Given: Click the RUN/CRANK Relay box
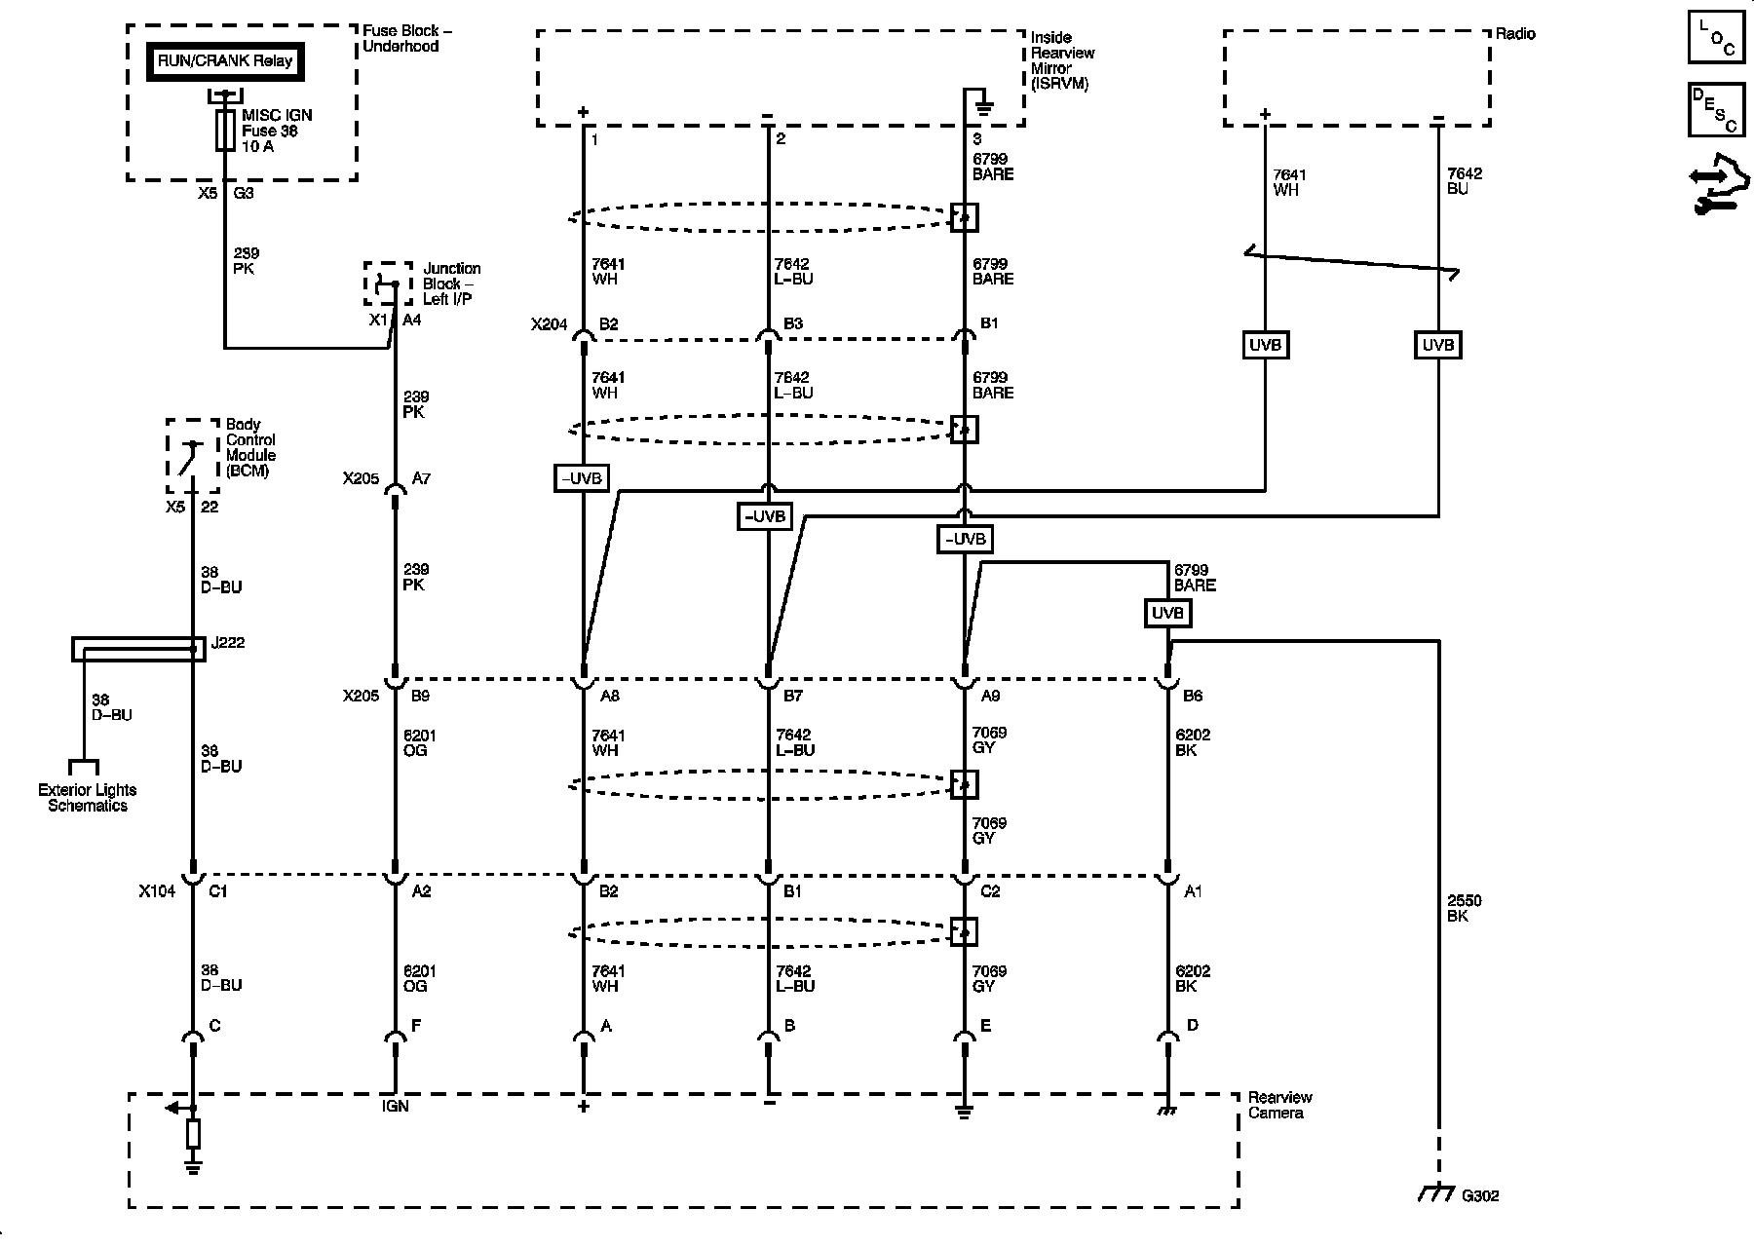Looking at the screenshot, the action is tap(225, 60).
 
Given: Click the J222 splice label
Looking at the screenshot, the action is tap(227, 642).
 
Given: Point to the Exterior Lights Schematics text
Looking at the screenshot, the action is tap(88, 798).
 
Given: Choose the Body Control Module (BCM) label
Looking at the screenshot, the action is tap(250, 447).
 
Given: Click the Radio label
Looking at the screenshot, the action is tap(1515, 34).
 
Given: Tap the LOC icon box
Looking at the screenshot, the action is tap(1715, 40).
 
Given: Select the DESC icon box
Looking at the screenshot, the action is tap(1715, 110).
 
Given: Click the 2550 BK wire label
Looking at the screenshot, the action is tap(1465, 908).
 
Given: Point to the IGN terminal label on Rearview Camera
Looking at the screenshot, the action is tap(396, 1106).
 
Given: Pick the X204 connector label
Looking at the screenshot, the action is tap(549, 324).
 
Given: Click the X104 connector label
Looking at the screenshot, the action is tap(157, 890).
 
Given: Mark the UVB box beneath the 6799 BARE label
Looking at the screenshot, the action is tap(1167, 613).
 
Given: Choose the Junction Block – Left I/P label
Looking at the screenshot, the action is tap(451, 283).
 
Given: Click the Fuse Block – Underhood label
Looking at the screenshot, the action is tap(407, 38).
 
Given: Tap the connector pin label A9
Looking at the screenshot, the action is tap(991, 696).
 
